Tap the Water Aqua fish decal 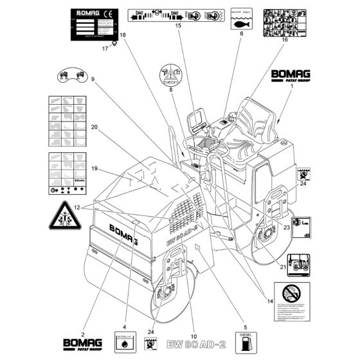(x=240, y=16)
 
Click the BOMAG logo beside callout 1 (x=289, y=76)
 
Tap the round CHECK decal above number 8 (x=170, y=76)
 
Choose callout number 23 (x=287, y=227)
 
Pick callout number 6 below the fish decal (x=240, y=33)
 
